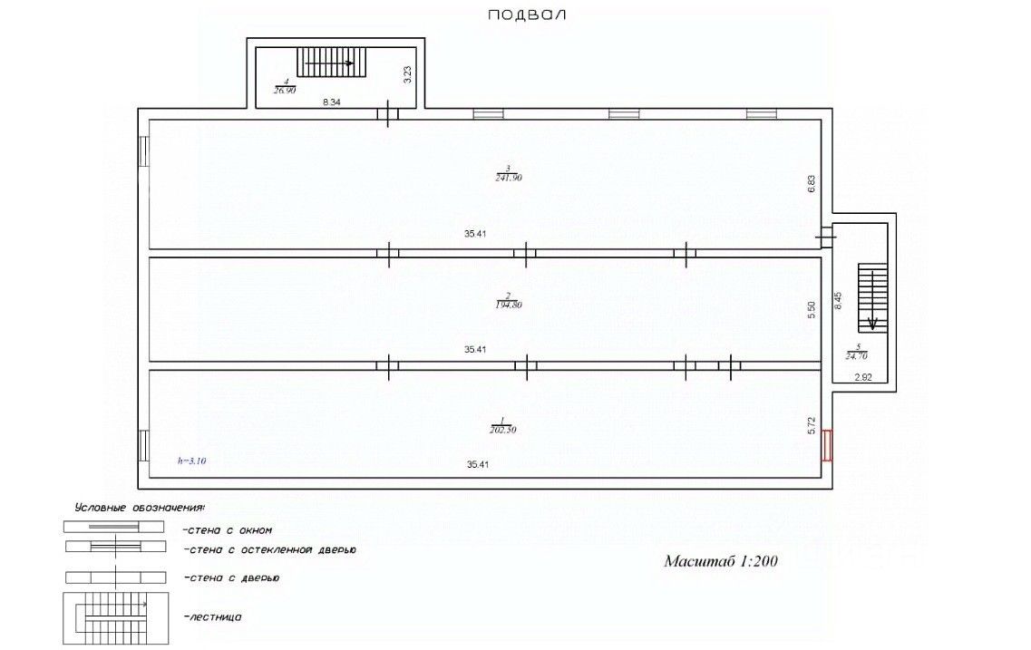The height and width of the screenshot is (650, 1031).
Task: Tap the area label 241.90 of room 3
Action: click(x=510, y=178)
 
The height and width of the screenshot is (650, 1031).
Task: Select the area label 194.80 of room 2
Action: click(x=510, y=306)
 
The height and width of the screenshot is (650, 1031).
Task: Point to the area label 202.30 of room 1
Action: click(x=501, y=430)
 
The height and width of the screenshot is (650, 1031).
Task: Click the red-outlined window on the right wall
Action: click(x=827, y=445)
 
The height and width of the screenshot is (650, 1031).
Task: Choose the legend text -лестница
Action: click(x=213, y=616)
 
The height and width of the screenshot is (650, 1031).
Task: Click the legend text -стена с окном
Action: click(x=228, y=530)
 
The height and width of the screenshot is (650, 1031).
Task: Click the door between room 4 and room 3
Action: click(x=388, y=114)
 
